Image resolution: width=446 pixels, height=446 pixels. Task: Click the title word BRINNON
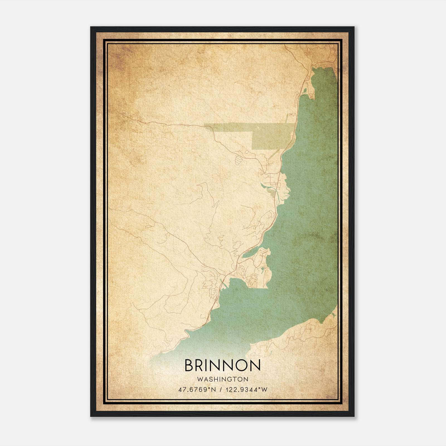pyautogui.click(x=222, y=365)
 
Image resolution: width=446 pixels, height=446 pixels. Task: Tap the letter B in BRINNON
pyautogui.click(x=189, y=365)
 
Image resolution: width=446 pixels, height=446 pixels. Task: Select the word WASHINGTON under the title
pyautogui.click(x=222, y=379)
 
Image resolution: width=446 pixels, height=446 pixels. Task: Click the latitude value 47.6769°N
pyautogui.click(x=197, y=389)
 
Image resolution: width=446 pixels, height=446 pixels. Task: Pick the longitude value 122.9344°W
pyautogui.click(x=246, y=389)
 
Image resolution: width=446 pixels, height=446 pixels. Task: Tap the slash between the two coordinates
pyautogui.click(x=221, y=389)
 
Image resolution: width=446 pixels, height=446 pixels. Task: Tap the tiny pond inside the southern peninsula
pyautogui.click(x=262, y=269)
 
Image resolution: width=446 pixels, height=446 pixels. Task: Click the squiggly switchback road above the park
pyautogui.click(x=291, y=115)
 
